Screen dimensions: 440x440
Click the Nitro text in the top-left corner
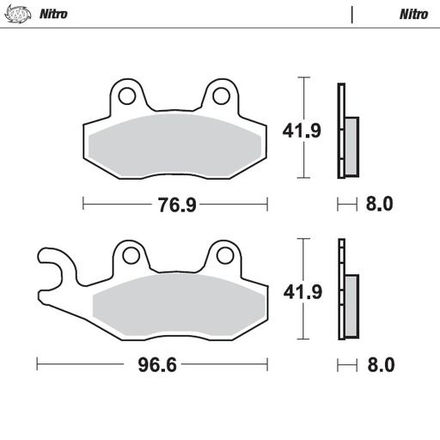tap(53, 15)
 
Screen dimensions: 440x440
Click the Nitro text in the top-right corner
tap(413, 15)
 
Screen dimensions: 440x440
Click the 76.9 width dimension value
tap(174, 205)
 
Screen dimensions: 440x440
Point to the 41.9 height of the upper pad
tap(302, 132)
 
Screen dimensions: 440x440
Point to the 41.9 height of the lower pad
tap(302, 292)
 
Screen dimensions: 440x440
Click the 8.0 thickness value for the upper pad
tap(379, 205)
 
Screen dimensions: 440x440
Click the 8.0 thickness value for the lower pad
tap(379, 364)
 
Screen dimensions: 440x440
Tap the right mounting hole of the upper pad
tap(221, 94)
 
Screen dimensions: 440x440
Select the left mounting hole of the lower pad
tap(131, 254)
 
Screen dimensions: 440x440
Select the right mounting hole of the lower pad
tap(225, 254)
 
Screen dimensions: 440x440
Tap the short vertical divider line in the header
tap(351, 15)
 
